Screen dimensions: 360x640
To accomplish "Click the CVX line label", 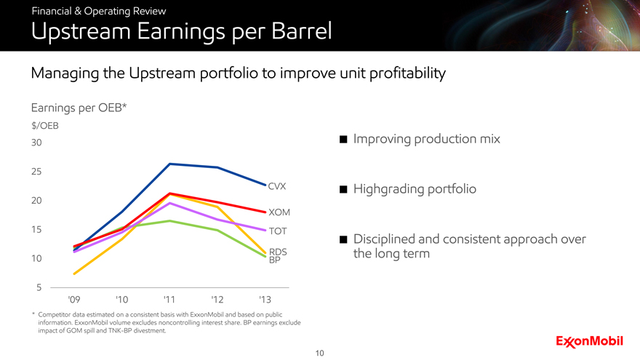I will pos(276,186).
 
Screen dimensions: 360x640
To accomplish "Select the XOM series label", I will pos(279,212).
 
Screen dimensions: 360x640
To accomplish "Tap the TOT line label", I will pos(278,231).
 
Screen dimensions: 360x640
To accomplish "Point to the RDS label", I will pos(278,252).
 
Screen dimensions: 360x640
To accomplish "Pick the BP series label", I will pos(274,260).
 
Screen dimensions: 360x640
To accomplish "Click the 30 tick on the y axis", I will pos(36,143).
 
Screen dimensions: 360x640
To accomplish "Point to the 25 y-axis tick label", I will pos(36,172).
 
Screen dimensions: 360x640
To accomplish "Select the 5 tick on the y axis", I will pos(38,288).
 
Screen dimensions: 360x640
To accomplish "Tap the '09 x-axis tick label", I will pos(73,300).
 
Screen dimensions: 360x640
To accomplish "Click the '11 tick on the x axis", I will pos(169,300).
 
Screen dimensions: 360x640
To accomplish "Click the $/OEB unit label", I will pos(44,125).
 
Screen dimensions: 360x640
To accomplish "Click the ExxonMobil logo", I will pos(592,341).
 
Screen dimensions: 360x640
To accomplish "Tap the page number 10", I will pos(320,353).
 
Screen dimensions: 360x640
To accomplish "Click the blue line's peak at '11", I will pos(169,164).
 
